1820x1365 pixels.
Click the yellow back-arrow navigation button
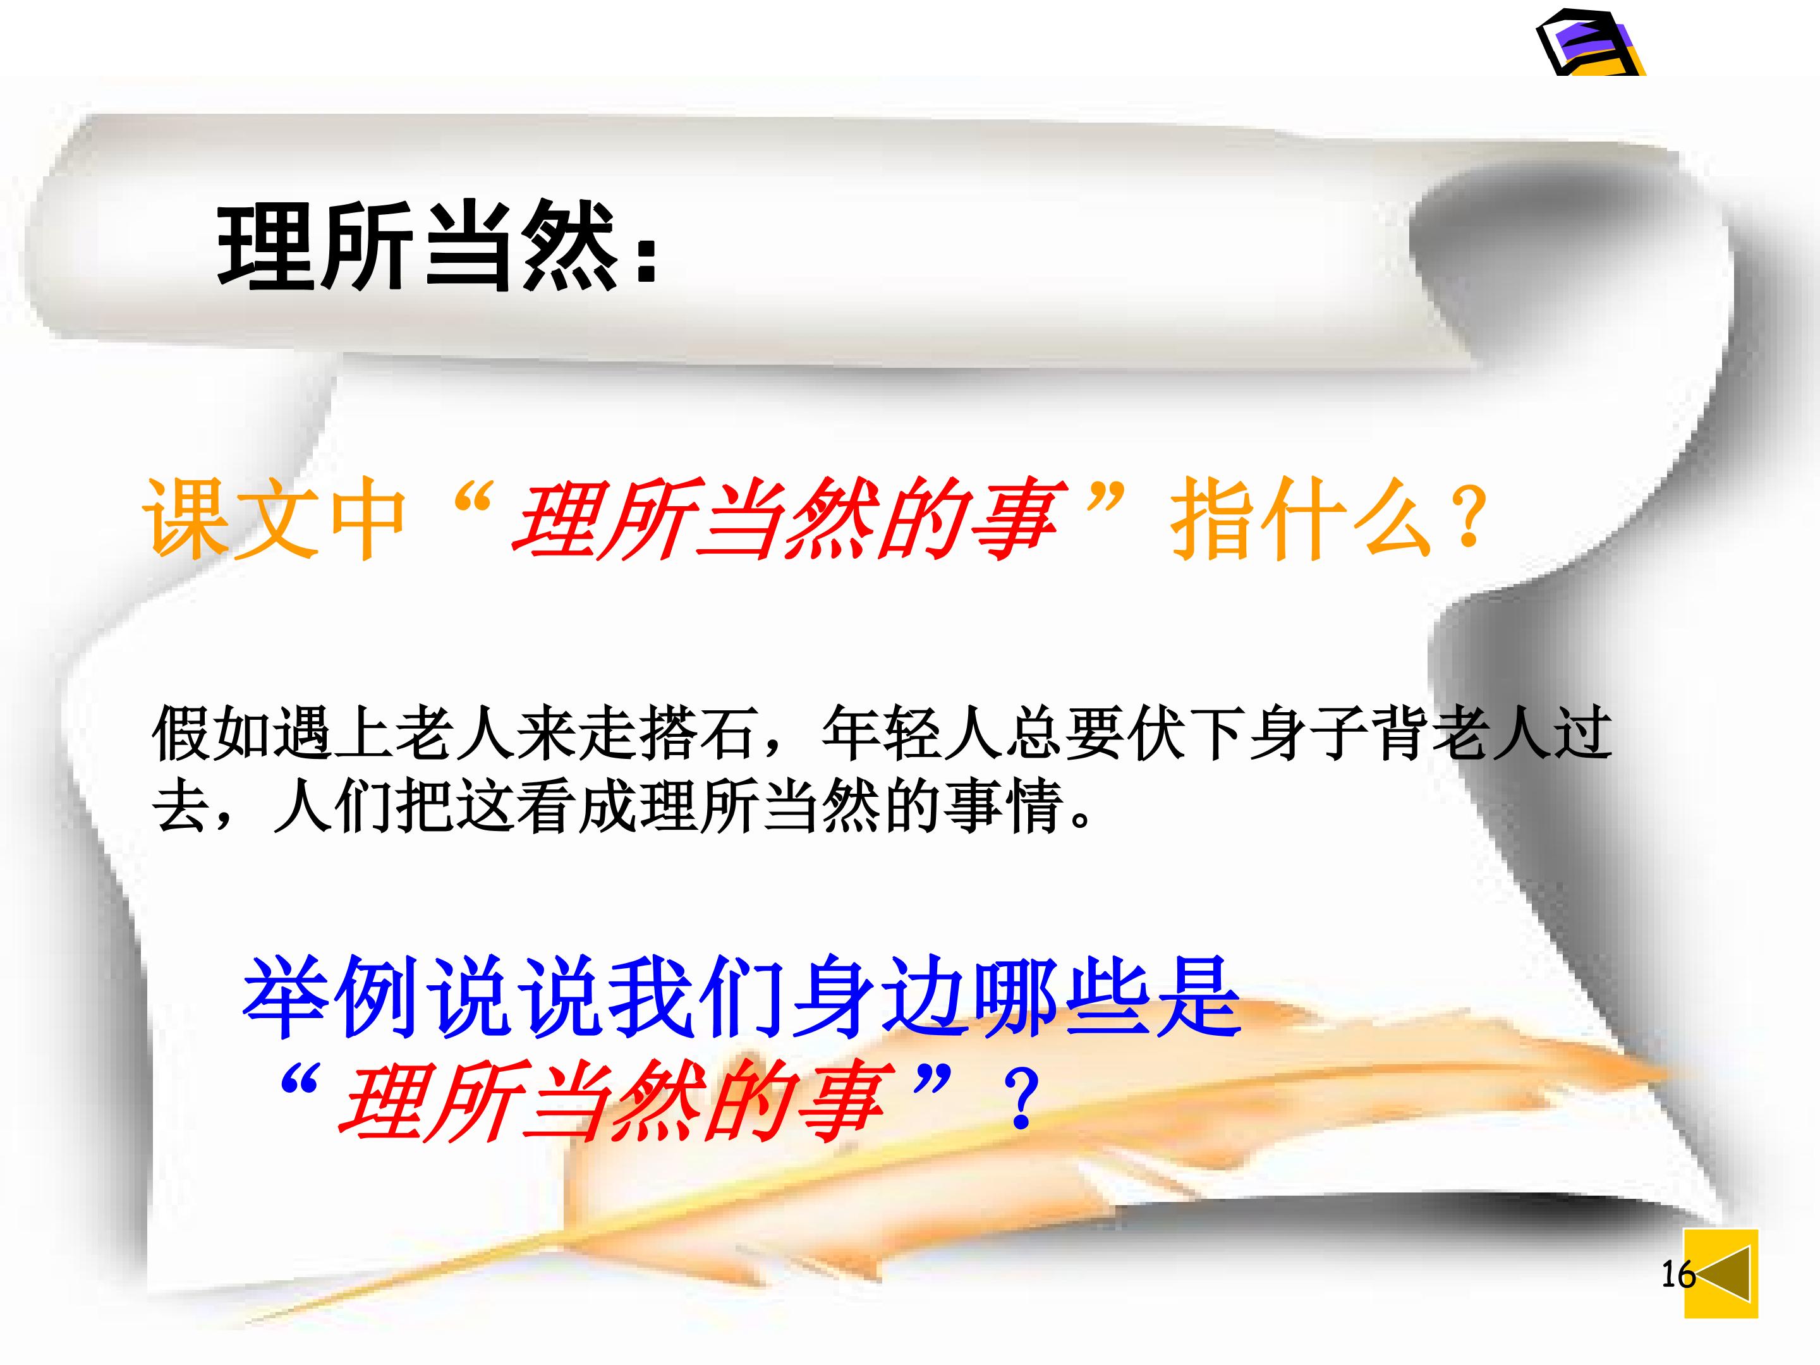1720,1273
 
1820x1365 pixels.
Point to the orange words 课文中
275,520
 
